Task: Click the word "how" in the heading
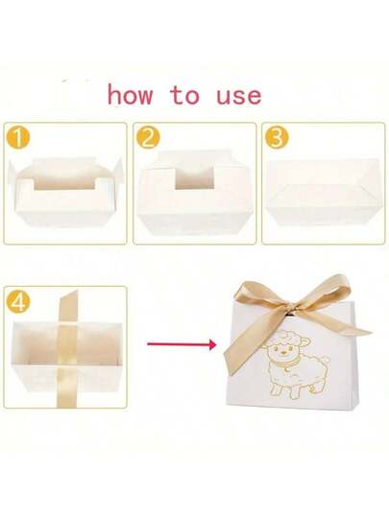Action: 131,95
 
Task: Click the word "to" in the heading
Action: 185,95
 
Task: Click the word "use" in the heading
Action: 239,97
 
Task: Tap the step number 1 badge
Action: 18,137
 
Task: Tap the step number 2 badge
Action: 148,137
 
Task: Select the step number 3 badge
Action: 277,137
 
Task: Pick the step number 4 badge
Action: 18,301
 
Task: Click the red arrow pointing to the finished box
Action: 182,344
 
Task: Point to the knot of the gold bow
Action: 288,316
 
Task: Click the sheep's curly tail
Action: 325,359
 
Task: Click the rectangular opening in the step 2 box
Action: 194,179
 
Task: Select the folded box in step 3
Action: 323,193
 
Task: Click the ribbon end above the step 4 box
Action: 68,306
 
